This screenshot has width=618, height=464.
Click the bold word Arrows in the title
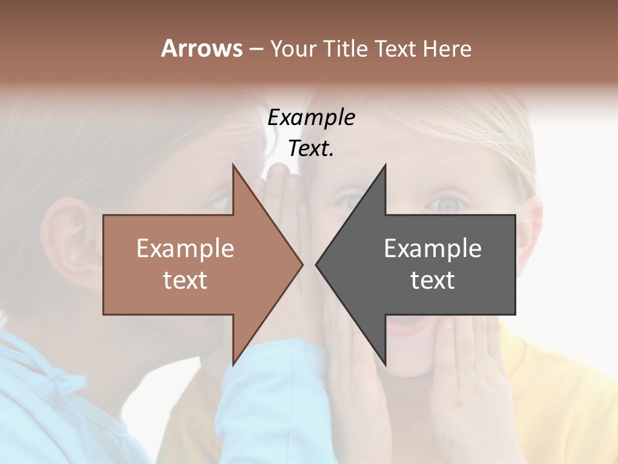(201, 48)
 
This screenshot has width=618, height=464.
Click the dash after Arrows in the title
(256, 49)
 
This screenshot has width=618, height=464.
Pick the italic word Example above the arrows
(311, 117)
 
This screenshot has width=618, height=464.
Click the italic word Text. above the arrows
(311, 149)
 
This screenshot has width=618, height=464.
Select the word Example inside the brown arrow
(185, 249)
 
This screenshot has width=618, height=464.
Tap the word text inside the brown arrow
(185, 280)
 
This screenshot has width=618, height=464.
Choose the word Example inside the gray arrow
(433, 249)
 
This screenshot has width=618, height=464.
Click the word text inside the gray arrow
(433, 280)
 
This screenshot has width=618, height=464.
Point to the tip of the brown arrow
(303, 264)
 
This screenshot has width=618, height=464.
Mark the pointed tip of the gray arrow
(316, 264)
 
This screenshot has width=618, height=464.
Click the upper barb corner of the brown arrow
(233, 165)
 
